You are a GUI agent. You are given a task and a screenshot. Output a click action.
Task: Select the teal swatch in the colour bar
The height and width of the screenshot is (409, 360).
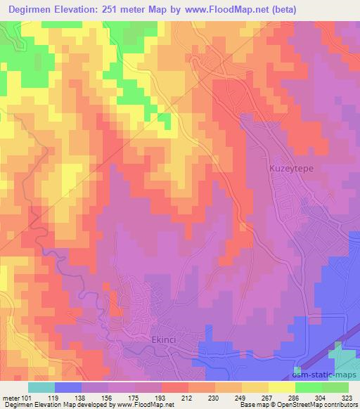click(41, 387)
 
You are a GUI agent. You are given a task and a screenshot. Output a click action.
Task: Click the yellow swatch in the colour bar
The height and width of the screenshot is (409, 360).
click(282, 387)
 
